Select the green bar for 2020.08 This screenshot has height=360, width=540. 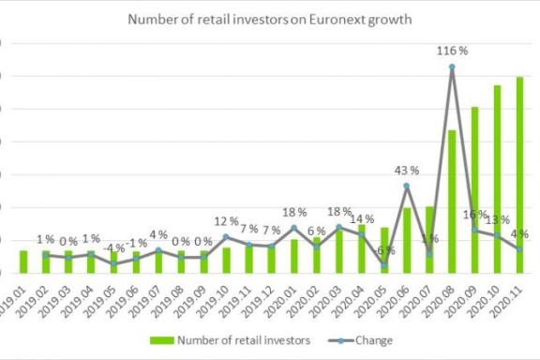point(452,202)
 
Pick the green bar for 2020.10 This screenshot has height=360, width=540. point(497,179)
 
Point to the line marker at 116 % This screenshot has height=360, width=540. point(452,67)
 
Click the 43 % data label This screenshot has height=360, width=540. point(406,170)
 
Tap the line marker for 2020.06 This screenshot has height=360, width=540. point(406,186)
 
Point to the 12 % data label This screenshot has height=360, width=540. point(226,222)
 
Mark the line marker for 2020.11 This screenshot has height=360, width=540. point(519,249)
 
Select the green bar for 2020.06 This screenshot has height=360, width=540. point(406,240)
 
